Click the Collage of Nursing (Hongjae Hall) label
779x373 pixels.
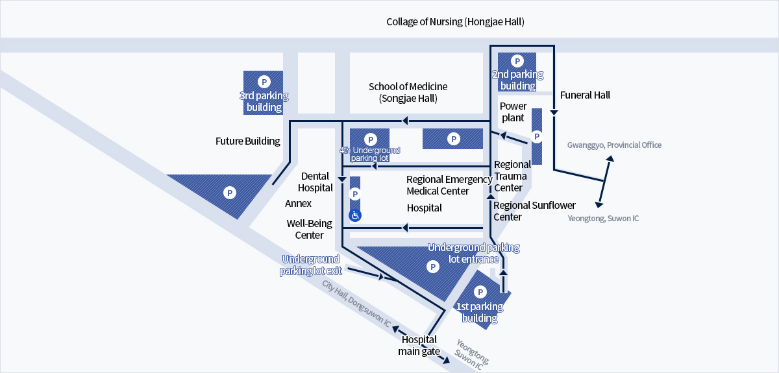pos(455,22)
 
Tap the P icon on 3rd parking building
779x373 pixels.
pos(264,82)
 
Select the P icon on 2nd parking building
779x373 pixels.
pos(517,61)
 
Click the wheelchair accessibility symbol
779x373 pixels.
pos(355,215)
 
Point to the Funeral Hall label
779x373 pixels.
pos(585,95)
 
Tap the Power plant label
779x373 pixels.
pos(513,112)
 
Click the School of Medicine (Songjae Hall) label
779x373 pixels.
pos(408,93)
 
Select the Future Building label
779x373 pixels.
pos(247,141)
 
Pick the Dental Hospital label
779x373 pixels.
pos(315,182)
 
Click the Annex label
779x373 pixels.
pos(298,203)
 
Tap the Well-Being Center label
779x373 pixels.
pos(309,229)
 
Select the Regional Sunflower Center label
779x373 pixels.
pos(534,211)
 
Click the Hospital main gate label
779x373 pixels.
pos(419,345)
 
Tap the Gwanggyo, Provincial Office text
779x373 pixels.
pos(614,145)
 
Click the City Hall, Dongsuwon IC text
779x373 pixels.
pos(356,303)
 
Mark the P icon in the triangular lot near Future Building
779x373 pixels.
pos(230,193)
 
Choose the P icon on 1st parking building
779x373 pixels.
pos(480,292)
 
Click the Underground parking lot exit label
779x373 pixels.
pos(311,265)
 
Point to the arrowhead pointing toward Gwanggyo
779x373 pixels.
pos(610,158)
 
